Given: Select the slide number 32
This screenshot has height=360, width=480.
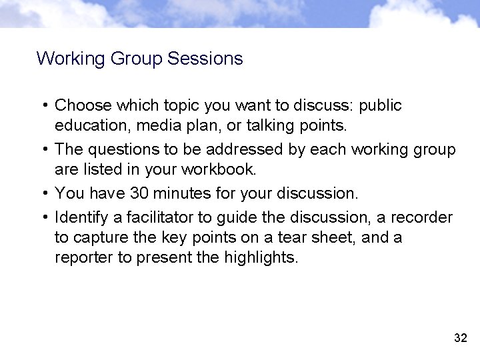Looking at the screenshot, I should (x=460, y=338).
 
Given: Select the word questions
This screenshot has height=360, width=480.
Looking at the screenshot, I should (x=119, y=149).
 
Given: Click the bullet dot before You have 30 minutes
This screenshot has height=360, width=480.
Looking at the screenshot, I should (x=44, y=194).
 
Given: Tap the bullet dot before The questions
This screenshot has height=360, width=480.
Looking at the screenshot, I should (x=44, y=150).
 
